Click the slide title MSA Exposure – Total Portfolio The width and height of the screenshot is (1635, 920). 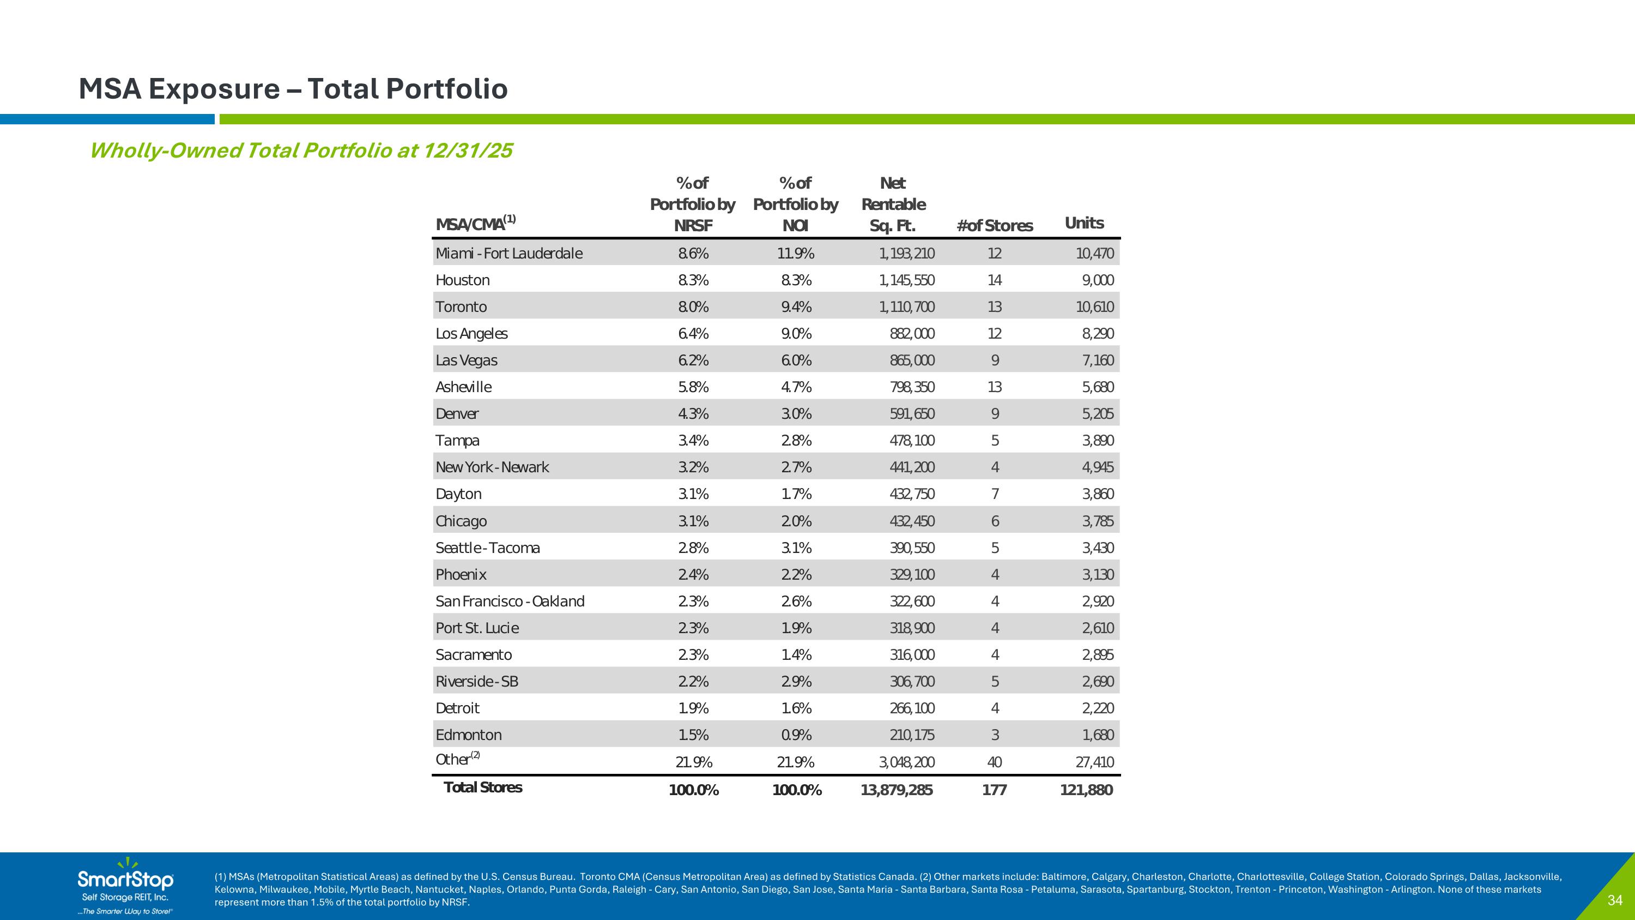click(x=293, y=89)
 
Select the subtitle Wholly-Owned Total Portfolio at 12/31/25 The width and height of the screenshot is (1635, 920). click(x=301, y=151)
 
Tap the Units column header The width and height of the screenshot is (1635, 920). click(x=1084, y=223)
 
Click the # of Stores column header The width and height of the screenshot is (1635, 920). click(x=995, y=225)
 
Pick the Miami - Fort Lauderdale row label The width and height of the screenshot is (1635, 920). click(x=508, y=254)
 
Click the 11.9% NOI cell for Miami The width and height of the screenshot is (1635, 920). click(x=796, y=254)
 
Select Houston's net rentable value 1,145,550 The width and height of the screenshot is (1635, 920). click(x=906, y=280)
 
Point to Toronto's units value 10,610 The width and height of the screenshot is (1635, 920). click(x=1094, y=306)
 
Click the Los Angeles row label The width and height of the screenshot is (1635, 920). click(x=471, y=333)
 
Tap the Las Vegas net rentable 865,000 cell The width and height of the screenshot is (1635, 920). click(x=912, y=360)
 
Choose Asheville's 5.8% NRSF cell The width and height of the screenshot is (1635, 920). click(x=693, y=387)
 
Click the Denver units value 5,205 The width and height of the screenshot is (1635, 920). click(x=1098, y=413)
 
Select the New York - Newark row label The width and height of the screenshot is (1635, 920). click(x=492, y=467)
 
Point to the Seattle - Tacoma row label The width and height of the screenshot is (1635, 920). click(x=487, y=548)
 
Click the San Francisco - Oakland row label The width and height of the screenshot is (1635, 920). click(x=510, y=602)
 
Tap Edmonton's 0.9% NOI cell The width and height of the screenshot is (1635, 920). click(x=796, y=735)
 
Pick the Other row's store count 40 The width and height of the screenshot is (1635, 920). click(x=995, y=762)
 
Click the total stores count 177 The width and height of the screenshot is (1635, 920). click(x=995, y=790)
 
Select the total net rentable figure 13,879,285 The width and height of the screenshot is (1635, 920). click(x=896, y=790)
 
